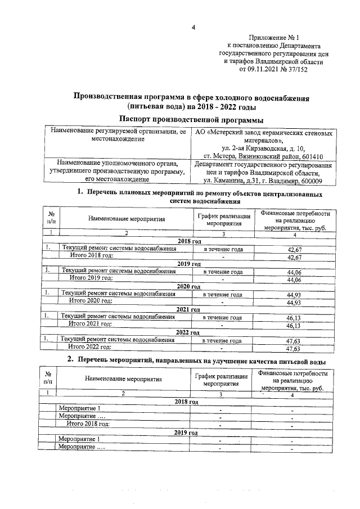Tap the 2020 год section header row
tap(188, 287)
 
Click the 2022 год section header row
tap(188, 332)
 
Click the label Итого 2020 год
tap(91, 302)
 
